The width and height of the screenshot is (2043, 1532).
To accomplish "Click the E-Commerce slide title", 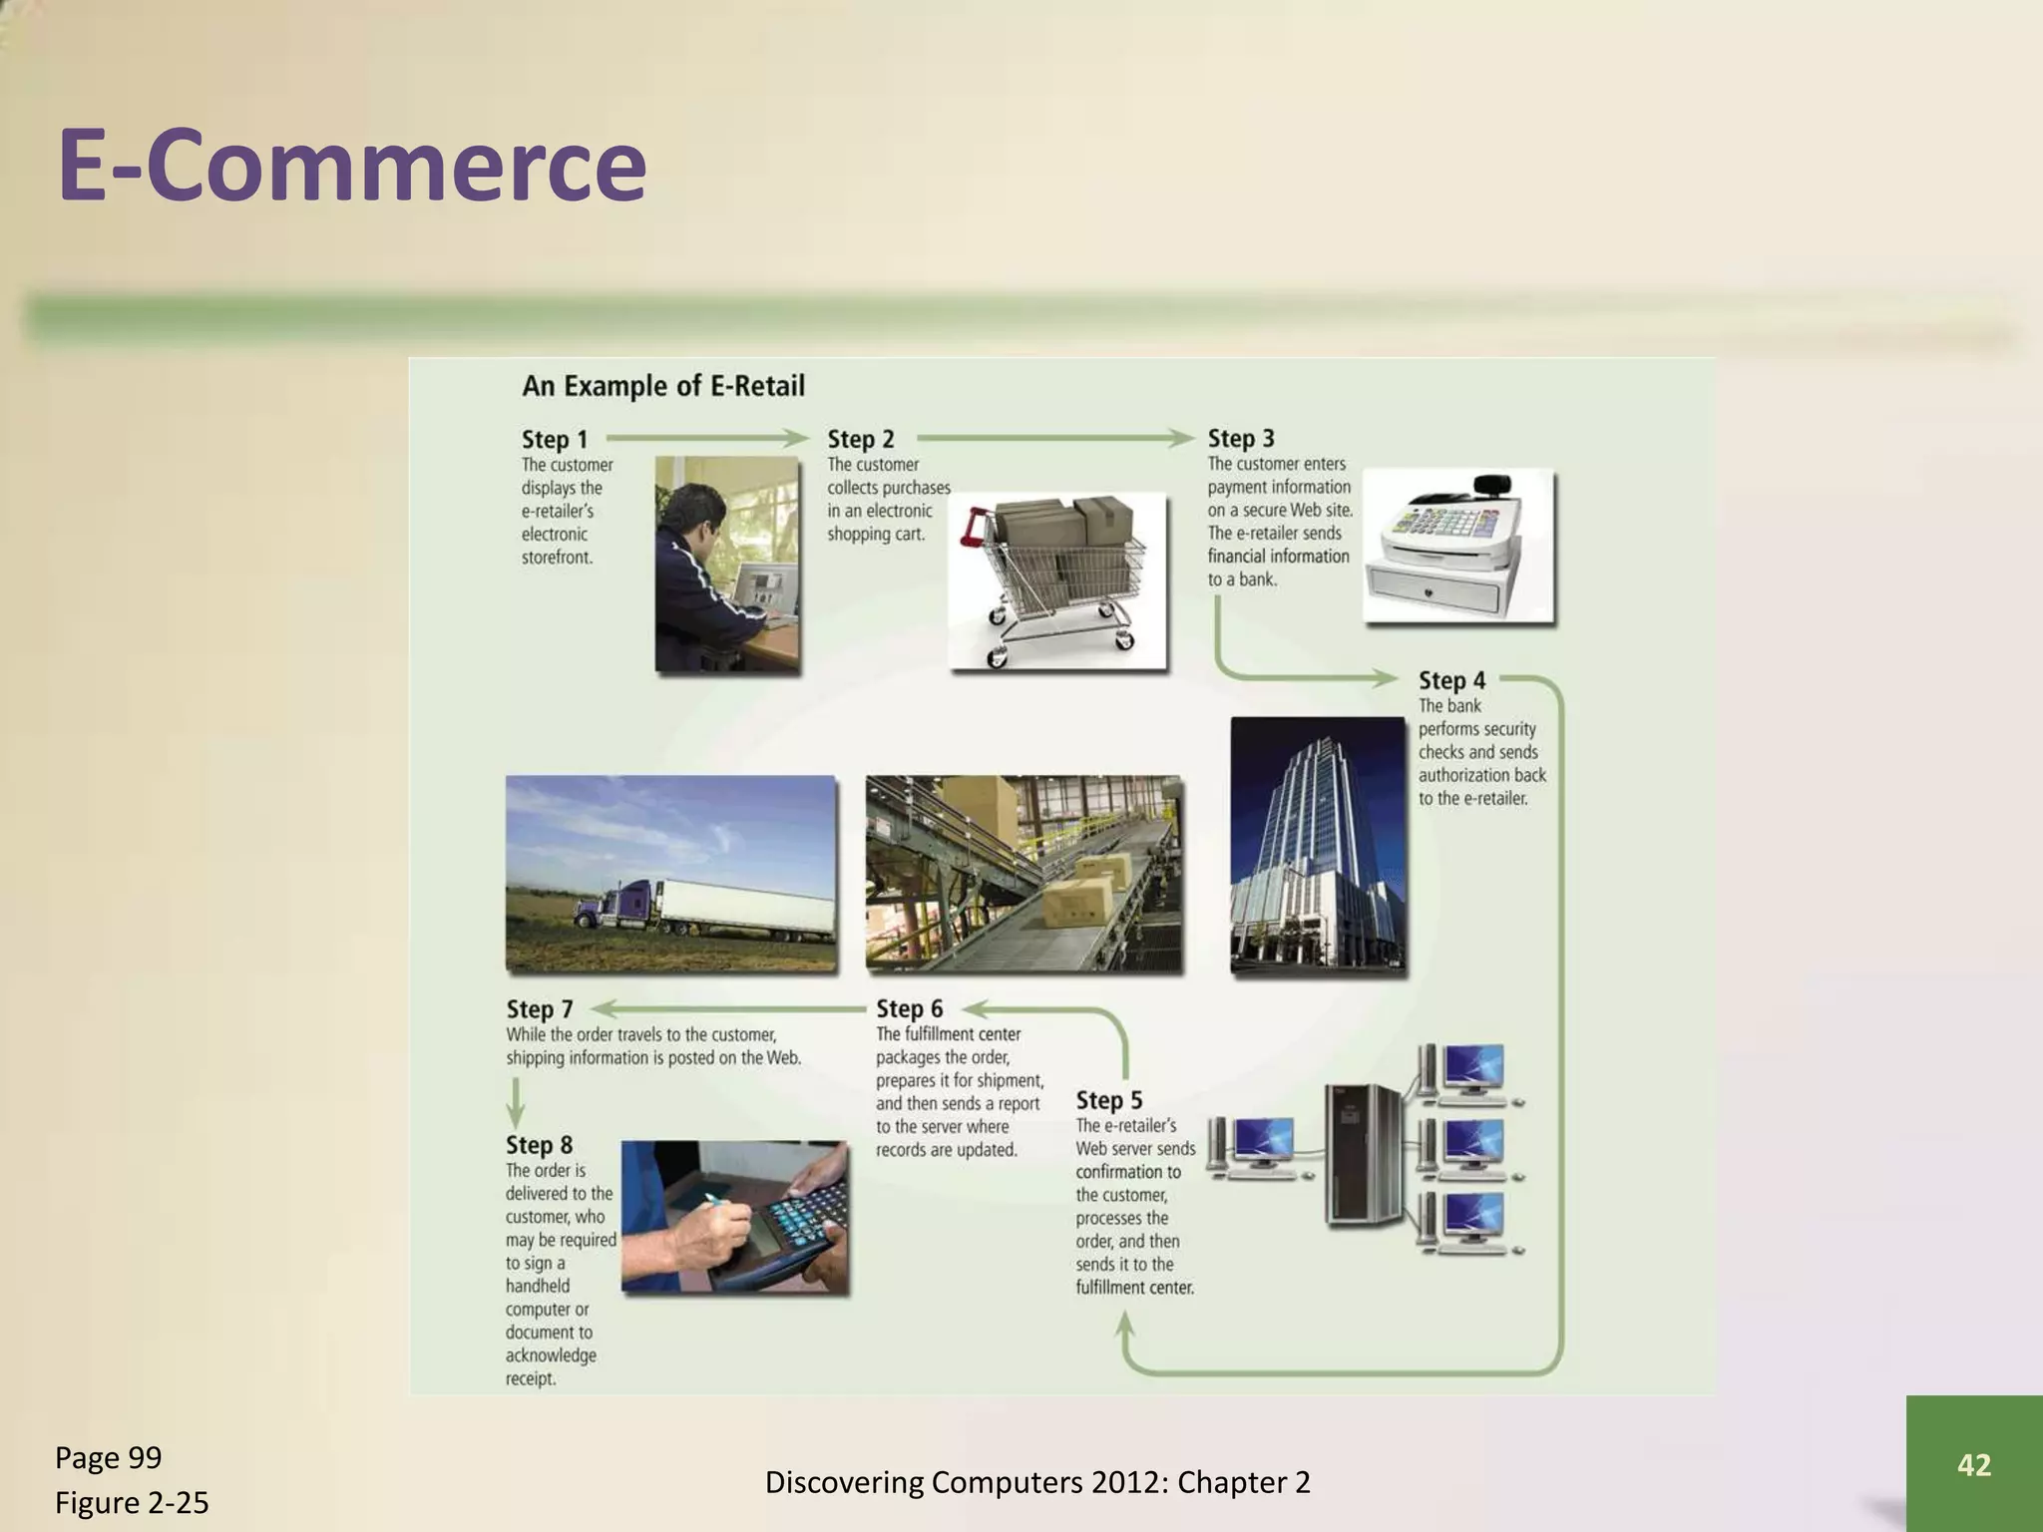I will [x=352, y=165].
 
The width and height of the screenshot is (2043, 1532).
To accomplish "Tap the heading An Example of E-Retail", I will [x=663, y=386].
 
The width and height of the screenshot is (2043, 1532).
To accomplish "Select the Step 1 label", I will [x=555, y=439].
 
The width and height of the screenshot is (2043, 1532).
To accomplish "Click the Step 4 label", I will [x=1451, y=680].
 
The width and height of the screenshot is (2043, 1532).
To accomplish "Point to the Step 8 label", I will [x=539, y=1145].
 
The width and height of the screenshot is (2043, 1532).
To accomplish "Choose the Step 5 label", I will [x=1108, y=1100].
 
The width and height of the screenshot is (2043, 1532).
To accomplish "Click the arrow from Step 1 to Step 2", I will [x=706, y=438].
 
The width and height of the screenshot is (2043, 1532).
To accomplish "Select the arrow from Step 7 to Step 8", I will [x=515, y=1101].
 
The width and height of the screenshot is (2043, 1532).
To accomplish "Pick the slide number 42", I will [x=1973, y=1464].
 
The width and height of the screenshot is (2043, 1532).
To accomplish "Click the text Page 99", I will [x=108, y=1458].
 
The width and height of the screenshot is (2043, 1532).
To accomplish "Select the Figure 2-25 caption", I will [x=132, y=1502].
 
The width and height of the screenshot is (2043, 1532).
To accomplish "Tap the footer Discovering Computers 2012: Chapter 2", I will [x=1037, y=1482].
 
